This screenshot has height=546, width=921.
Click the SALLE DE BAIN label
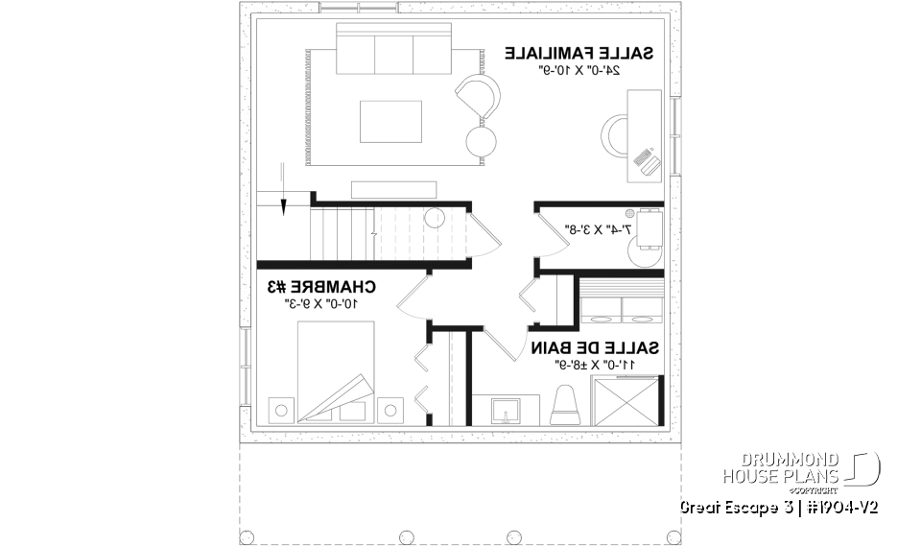(595, 347)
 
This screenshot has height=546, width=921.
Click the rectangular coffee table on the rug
(390, 120)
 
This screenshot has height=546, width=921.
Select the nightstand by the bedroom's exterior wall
(280, 410)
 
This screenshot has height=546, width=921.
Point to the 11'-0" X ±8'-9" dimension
(595, 366)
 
